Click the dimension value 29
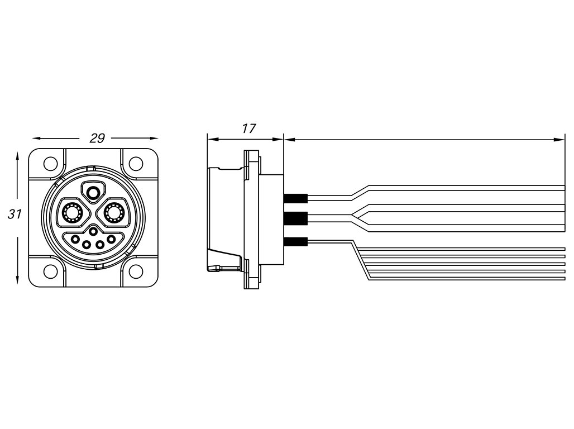[97, 138]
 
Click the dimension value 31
[15, 213]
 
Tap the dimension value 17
[248, 128]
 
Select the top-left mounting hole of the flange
[51, 164]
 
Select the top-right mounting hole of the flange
[136, 164]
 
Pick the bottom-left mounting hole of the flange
[51, 271]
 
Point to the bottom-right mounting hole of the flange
[136, 271]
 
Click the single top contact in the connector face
[93, 192]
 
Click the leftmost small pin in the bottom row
[75, 240]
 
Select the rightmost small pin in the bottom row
[112, 240]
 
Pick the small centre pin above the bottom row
[93, 231]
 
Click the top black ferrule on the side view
[295, 198]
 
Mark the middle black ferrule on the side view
[295, 219]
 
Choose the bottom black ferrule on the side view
[295, 242]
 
